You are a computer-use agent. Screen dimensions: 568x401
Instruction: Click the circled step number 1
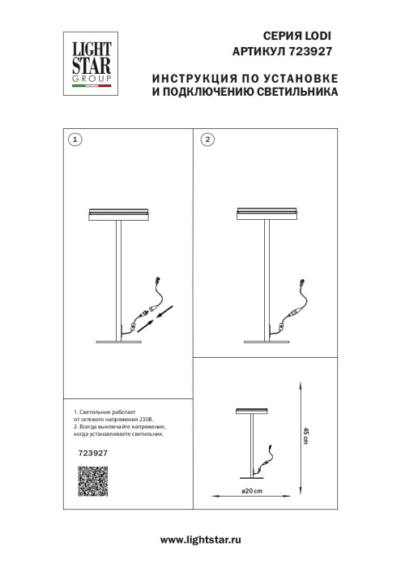tap(75, 140)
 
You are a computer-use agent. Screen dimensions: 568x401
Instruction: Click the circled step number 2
tap(207, 140)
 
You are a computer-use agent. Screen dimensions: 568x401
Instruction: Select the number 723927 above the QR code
tap(92, 454)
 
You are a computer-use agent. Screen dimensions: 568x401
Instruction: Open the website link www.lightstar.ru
tap(200, 540)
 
